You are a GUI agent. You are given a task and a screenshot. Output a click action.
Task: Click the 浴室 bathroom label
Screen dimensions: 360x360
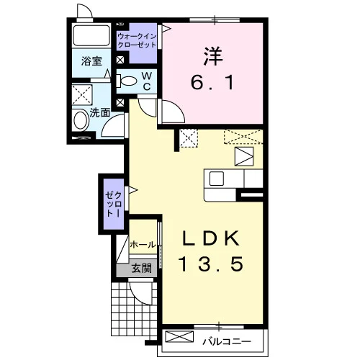[91, 61]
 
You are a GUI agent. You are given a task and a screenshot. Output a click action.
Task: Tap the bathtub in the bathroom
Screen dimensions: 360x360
[91, 35]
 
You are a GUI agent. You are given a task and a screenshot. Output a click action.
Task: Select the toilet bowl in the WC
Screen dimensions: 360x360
[126, 81]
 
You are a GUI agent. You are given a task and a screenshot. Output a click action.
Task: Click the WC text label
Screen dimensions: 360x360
[147, 81]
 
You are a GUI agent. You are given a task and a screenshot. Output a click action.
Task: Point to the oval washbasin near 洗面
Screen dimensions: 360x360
[81, 120]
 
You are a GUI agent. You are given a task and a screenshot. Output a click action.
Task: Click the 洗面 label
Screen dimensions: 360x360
[100, 113]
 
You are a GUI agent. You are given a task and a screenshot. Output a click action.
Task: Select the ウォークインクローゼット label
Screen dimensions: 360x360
[137, 40]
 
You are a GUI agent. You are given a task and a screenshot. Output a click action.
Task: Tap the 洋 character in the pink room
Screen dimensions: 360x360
[212, 56]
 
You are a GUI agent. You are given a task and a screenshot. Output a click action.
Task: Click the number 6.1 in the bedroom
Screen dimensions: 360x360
[212, 83]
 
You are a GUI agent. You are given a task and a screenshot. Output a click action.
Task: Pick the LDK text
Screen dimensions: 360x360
[211, 238]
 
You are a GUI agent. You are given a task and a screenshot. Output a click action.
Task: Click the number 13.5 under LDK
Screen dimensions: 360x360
[211, 264]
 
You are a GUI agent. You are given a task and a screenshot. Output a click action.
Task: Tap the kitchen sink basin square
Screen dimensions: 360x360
[217, 179]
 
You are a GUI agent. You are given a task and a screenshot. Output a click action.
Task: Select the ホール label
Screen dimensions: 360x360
[143, 245]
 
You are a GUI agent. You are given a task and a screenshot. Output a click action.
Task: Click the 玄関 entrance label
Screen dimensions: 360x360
[142, 268]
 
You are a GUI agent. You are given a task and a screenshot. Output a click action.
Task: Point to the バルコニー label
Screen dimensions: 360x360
[227, 341]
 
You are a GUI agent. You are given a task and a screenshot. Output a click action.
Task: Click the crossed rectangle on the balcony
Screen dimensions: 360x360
[179, 336]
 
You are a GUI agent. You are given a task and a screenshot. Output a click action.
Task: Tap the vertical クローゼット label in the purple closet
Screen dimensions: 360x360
[114, 204]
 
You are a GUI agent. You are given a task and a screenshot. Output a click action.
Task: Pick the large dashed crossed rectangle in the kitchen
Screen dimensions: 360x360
[243, 137]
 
